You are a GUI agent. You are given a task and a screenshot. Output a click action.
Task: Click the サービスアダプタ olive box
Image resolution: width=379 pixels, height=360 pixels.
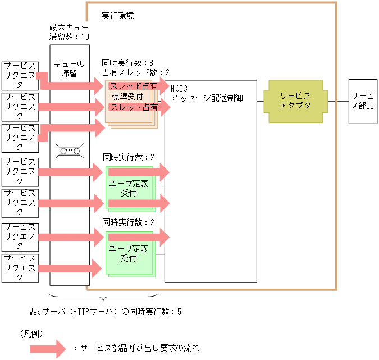296,101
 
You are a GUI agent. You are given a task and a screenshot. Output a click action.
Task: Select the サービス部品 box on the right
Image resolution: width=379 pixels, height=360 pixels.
362,101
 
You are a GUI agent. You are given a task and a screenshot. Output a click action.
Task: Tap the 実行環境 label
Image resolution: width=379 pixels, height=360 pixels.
118,15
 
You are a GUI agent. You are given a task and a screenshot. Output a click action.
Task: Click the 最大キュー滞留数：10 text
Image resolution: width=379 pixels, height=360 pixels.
69,32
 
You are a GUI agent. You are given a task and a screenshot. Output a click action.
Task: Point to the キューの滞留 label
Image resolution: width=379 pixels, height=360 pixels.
69,68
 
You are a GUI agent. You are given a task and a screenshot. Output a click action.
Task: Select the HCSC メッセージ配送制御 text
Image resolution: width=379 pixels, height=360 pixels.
207,93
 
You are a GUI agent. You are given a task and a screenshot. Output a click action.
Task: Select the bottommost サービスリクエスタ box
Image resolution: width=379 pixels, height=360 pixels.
20,268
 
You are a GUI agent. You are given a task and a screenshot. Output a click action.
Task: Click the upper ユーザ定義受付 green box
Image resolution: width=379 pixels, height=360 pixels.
128,188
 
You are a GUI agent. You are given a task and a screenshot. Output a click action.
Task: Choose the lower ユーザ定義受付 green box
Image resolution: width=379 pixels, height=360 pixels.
128,253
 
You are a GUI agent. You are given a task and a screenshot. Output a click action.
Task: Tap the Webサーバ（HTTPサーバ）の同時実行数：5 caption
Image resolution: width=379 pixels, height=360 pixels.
105,311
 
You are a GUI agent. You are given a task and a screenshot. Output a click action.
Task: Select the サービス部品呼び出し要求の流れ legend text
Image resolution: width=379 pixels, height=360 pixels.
136,348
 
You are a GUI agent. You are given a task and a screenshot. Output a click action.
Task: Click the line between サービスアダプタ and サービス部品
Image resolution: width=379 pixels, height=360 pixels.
337,102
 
